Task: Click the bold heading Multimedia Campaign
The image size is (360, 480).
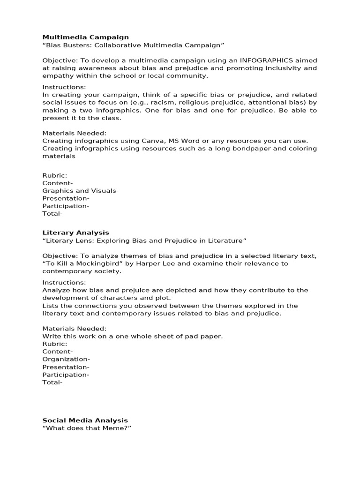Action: point(85,37)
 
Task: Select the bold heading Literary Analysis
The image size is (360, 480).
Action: point(75,232)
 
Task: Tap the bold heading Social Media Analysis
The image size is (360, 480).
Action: point(85,420)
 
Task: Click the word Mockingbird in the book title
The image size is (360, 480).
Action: point(95,263)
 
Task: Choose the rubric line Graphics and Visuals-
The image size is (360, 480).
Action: point(80,191)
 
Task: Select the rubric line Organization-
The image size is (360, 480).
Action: point(66,359)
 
